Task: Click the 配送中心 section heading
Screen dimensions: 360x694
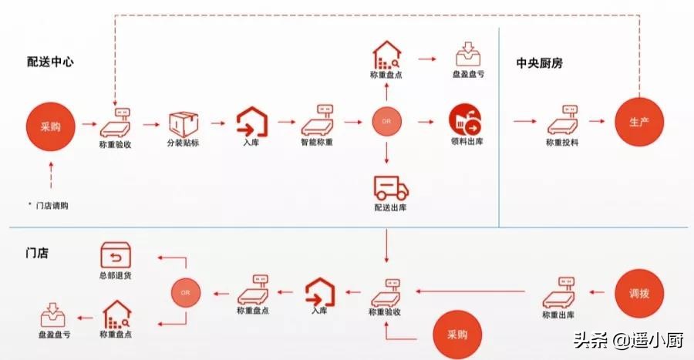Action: (50, 62)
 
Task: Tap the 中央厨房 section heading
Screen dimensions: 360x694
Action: (540, 63)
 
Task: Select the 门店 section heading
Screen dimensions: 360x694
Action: (37, 252)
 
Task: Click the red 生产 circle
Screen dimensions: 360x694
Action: (639, 123)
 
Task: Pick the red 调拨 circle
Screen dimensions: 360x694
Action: (639, 294)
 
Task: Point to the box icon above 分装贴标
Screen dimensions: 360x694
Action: (182, 123)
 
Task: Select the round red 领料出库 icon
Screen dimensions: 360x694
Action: (464, 121)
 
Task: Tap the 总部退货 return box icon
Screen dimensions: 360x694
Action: (116, 255)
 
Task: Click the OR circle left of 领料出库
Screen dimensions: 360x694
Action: (387, 123)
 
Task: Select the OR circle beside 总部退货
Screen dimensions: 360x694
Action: (185, 293)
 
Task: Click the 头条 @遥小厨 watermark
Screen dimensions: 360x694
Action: (626, 339)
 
